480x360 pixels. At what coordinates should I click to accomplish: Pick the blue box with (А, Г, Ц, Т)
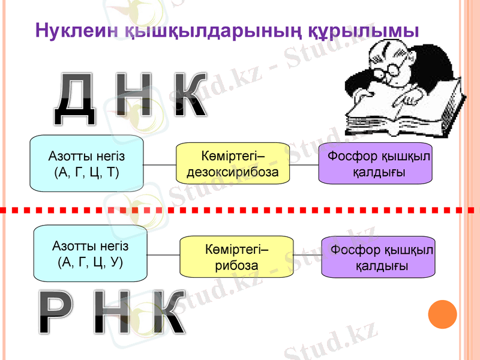[x=87, y=163]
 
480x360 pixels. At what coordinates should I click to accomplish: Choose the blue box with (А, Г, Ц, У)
[x=91, y=253]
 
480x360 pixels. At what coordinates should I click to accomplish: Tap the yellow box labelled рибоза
[x=236, y=256]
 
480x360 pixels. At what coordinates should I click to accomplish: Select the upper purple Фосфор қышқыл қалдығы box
[x=375, y=163]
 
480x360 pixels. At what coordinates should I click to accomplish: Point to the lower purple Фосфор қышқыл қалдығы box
[x=379, y=256]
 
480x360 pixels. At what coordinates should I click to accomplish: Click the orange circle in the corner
[x=443, y=314]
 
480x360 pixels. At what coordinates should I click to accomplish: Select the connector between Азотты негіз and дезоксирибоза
[x=160, y=164]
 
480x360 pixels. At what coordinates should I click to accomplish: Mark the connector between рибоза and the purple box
[x=307, y=256]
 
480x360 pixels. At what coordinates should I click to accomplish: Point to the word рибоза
[x=237, y=265]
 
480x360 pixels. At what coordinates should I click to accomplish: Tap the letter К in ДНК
[x=191, y=97]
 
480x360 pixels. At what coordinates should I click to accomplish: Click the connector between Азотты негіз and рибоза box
[x=164, y=254]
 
